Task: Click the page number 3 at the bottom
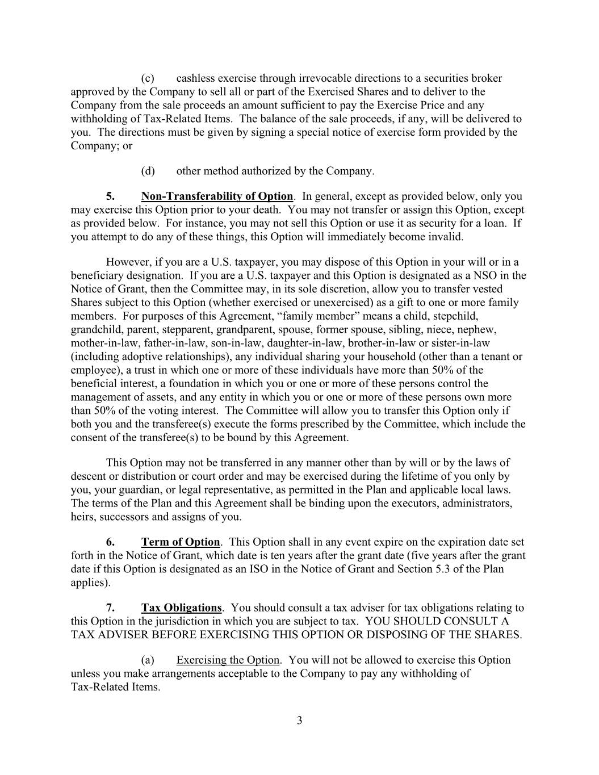[x=299, y=721]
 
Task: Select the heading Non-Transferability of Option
[x=217, y=196]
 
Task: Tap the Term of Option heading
[x=181, y=542]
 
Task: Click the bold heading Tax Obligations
[x=181, y=608]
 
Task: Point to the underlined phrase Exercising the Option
[x=228, y=660]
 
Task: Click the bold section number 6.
[x=110, y=542]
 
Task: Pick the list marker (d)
[x=148, y=171]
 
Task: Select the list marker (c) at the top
[x=148, y=78]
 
